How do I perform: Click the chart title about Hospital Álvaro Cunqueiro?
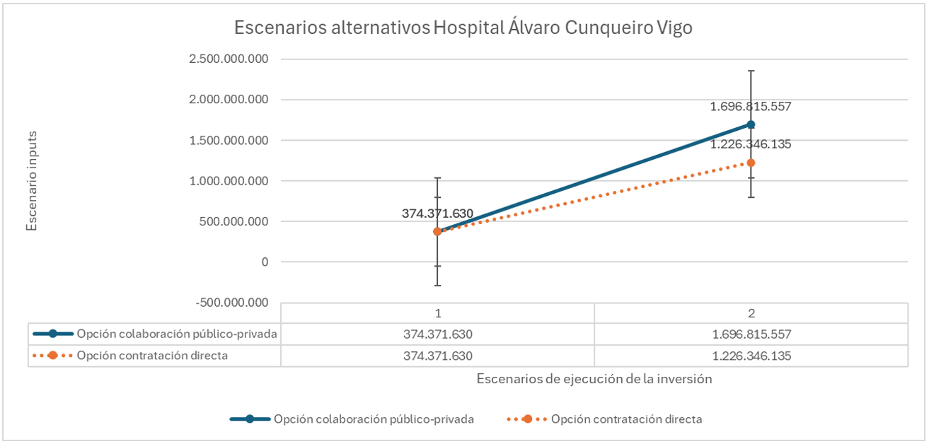(x=463, y=28)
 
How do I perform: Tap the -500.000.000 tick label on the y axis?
(x=229, y=303)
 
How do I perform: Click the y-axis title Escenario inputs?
(x=31, y=180)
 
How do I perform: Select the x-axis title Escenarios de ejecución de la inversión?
(x=594, y=378)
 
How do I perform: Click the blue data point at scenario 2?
(x=751, y=124)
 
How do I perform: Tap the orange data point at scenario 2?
(x=751, y=163)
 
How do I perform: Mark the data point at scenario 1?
(x=437, y=231)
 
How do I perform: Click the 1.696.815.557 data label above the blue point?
(x=751, y=107)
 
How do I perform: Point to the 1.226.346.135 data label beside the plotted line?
(x=751, y=144)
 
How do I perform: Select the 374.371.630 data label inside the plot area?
(x=437, y=214)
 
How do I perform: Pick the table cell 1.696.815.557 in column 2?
(x=751, y=334)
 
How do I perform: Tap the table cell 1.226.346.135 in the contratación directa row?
(x=751, y=356)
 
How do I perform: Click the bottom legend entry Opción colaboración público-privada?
(x=352, y=419)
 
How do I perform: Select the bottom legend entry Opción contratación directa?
(x=606, y=419)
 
